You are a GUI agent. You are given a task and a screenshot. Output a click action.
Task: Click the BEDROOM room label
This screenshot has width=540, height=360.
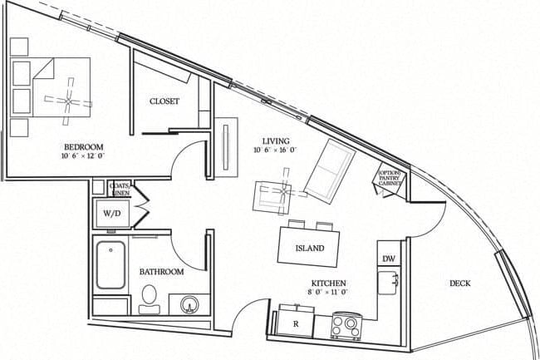point(82,145)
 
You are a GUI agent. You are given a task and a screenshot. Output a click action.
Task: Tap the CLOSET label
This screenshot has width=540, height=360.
point(164,101)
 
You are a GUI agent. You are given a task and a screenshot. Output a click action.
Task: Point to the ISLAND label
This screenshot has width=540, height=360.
point(310,249)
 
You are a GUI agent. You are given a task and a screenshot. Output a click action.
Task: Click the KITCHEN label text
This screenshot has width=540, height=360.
point(329,283)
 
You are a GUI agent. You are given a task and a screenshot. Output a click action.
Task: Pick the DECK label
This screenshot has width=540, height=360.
point(460,284)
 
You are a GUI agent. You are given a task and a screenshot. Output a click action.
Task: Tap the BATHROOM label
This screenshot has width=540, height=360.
point(161,271)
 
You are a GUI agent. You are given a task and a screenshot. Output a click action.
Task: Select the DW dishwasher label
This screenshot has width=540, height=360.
point(388,259)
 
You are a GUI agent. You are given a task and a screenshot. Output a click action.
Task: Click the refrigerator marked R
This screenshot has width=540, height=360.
point(295,323)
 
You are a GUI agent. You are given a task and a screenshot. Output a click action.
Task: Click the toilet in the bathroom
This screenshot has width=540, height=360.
point(150,296)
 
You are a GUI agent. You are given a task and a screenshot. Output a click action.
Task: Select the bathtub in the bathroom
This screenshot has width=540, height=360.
point(110,265)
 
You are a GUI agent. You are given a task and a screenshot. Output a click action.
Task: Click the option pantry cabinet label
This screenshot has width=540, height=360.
point(390,179)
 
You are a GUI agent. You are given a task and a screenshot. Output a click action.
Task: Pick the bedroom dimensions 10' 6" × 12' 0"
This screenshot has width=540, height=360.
point(82,155)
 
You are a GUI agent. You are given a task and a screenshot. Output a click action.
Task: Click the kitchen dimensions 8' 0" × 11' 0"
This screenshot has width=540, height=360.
point(329,293)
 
